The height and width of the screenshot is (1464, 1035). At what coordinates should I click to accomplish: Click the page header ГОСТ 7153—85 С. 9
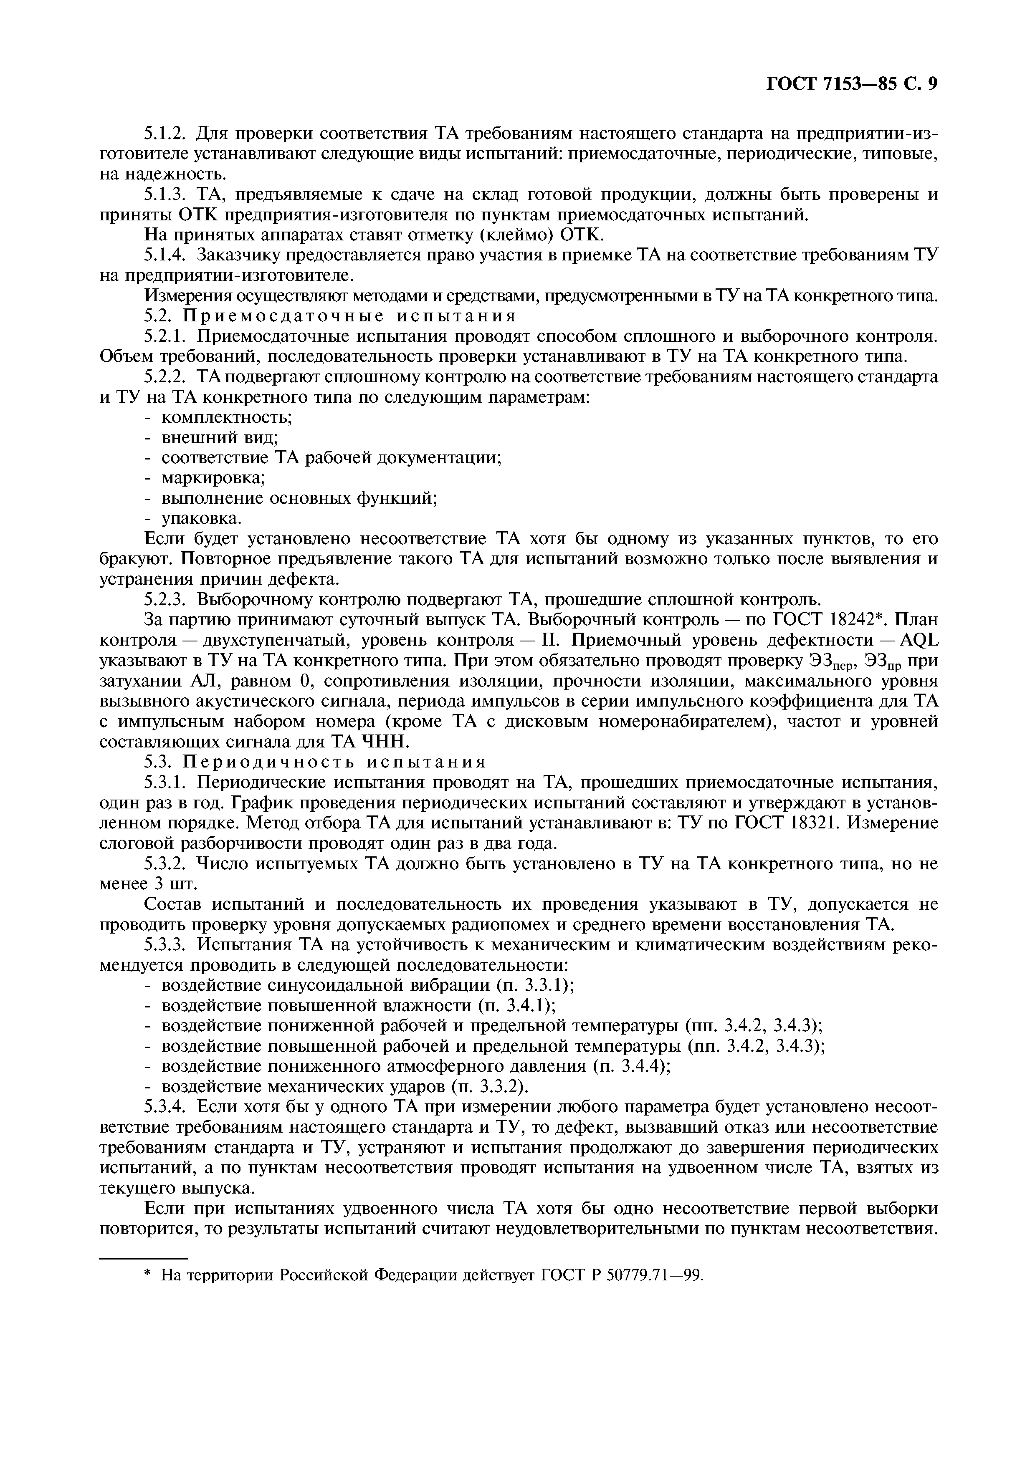click(851, 84)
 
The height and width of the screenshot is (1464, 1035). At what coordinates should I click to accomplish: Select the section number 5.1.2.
click(165, 134)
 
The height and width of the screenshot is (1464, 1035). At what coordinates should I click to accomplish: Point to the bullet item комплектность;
click(226, 418)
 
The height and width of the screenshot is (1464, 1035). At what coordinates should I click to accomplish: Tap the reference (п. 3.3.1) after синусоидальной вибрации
click(535, 985)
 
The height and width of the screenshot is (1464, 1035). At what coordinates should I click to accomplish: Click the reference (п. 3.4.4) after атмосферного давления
click(631, 1067)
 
